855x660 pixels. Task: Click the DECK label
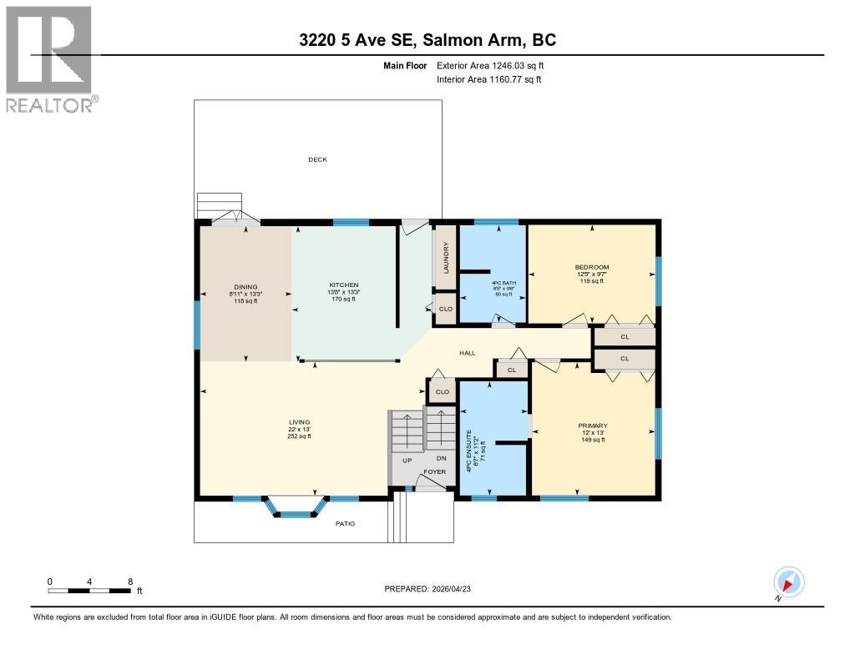(317, 159)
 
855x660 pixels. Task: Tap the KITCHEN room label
(342, 285)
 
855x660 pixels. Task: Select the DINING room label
(245, 286)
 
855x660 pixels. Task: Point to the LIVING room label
(299, 422)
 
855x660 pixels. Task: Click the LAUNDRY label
(447, 258)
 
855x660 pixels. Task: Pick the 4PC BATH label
(504, 284)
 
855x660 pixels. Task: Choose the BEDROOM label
(592, 267)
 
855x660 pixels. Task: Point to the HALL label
(468, 353)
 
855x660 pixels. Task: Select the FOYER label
(434, 471)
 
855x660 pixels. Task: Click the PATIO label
(346, 524)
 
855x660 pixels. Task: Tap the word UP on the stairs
(407, 461)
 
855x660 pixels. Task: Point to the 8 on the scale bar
(130, 581)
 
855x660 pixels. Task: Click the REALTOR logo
(50, 59)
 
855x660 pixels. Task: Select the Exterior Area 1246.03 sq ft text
(491, 65)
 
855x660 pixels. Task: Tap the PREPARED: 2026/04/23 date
(433, 588)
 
